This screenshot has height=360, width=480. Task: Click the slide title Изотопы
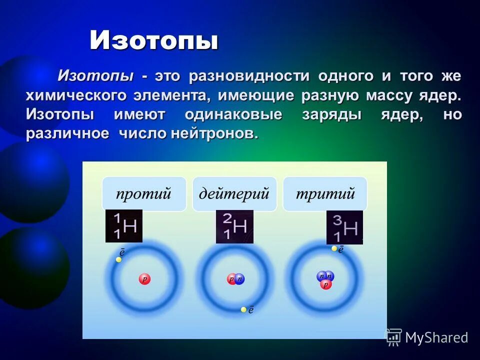coord(154,40)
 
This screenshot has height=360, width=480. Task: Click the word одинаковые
coord(233,114)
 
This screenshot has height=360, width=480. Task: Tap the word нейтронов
coord(215,133)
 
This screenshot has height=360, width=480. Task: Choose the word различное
coord(67,133)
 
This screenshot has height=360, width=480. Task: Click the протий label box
coord(144,193)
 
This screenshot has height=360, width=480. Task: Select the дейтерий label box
coord(234,193)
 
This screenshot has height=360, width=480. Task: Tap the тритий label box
coord(325,193)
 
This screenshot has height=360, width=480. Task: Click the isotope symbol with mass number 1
coord(124,226)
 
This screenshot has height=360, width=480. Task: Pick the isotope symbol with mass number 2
coord(234,226)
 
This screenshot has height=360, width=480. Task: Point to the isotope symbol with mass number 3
coord(344,227)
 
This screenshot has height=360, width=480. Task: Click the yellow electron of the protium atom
coord(118,259)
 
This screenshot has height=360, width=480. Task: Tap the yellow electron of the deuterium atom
coord(243,309)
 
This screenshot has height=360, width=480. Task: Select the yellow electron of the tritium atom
coord(334,248)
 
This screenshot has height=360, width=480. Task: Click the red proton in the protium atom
coord(144,279)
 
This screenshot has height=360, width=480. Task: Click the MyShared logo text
coord(436,337)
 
